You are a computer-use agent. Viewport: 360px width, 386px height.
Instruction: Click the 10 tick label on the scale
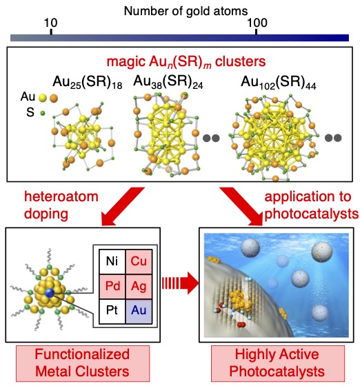51,23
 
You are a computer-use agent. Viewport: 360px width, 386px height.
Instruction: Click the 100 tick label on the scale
257,23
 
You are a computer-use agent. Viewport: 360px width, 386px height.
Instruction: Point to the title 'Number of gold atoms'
186,11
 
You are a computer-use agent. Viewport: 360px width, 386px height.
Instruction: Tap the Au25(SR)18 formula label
88,82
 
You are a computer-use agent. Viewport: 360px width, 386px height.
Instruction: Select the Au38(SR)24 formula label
168,82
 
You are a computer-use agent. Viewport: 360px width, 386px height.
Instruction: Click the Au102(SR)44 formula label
278,83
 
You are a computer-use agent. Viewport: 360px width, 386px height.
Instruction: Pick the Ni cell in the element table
112,261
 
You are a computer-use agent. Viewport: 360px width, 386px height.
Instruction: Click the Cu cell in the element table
139,261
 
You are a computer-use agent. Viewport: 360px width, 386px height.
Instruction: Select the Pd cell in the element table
112,286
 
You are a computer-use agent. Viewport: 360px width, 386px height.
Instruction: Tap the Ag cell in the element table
139,286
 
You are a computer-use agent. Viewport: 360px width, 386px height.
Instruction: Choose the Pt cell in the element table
112,311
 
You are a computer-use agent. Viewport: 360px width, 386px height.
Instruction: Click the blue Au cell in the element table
139,311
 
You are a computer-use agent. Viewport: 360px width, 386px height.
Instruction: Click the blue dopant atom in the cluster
50,292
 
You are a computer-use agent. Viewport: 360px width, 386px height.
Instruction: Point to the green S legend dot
43,113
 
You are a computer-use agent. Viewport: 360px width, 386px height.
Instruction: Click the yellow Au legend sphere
43,98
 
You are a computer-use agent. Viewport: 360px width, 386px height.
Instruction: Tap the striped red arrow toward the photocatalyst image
180,283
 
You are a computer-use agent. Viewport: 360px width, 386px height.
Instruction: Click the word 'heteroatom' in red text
61,196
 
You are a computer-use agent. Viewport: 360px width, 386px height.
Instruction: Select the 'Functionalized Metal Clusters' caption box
83,363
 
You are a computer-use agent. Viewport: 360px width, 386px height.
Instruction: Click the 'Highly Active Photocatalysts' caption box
278,363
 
